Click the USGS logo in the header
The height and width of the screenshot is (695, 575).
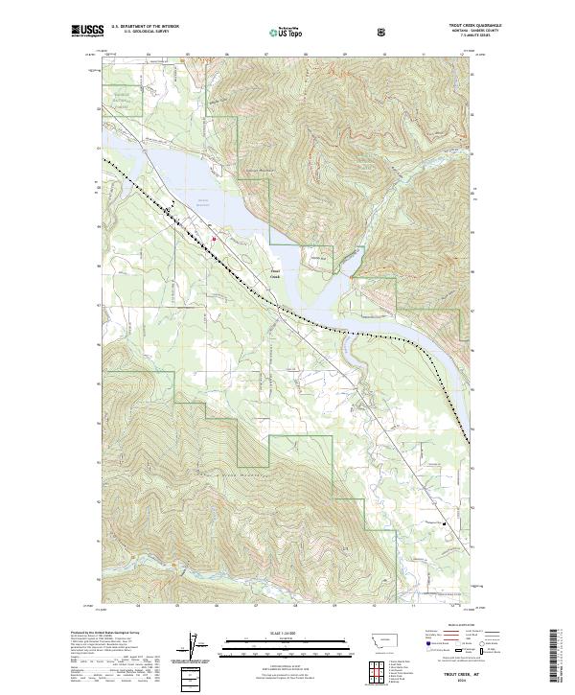[86, 32]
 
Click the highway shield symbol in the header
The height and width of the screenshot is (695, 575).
[381, 32]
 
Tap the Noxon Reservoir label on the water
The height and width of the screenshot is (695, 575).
[202, 201]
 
